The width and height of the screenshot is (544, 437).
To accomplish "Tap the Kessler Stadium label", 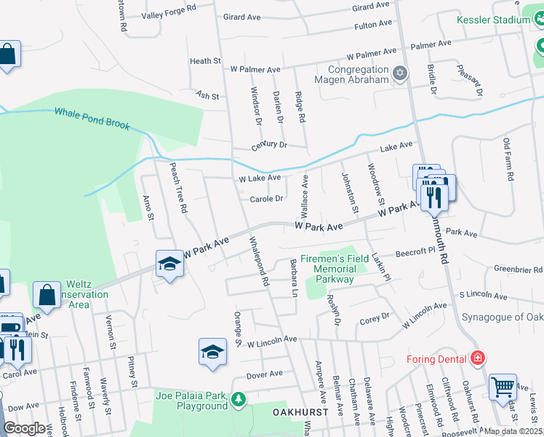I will tap(493, 20).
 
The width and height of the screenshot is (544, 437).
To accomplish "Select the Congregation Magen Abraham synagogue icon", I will tap(399, 73).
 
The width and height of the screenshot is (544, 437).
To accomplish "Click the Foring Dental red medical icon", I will tap(477, 358).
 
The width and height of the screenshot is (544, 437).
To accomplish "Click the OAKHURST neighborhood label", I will tap(296, 412).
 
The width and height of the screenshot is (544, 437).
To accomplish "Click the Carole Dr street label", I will tap(266, 199).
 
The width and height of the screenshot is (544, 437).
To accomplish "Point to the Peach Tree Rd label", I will tap(179, 188).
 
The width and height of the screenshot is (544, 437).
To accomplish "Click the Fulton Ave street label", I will tap(374, 25).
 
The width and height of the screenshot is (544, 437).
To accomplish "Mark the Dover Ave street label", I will tap(264, 375).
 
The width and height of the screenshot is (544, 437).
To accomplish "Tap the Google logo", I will tap(24, 428).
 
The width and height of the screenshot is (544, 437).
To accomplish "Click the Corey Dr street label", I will tap(375, 318).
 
